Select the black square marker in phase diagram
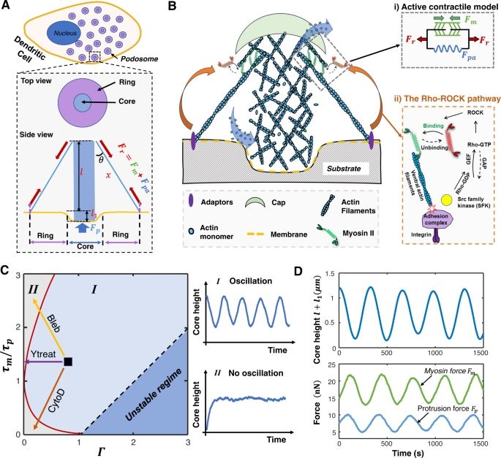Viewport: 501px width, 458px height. pyautogui.click(x=68, y=362)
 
